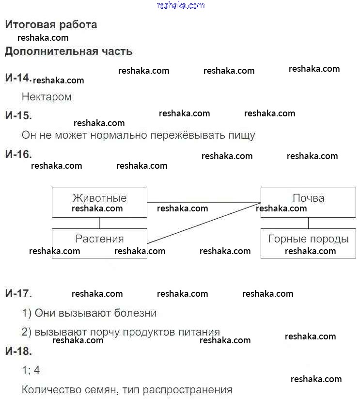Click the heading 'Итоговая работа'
[x=51, y=24]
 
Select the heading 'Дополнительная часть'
[x=68, y=51]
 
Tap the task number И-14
[x=18, y=78]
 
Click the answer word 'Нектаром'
[x=47, y=97]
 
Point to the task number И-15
[x=18, y=115]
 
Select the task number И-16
[x=18, y=154]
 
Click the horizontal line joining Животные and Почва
[x=203, y=202]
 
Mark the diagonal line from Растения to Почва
[x=203, y=223]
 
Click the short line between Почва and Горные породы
[x=309, y=223]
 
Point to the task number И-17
[x=18, y=293]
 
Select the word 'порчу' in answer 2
[x=104, y=332]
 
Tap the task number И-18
[x=18, y=352]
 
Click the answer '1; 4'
[x=31, y=371]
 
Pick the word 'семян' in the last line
[x=101, y=390]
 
